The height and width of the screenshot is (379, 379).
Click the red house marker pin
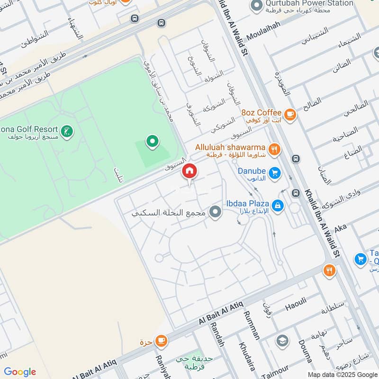coord(189,171)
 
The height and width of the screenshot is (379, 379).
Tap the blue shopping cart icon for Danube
coord(274,174)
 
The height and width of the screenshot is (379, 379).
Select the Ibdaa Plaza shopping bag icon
coord(278,205)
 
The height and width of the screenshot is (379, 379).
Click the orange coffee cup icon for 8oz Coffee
coord(289,114)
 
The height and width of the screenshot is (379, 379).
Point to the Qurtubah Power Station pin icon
coord(256,6)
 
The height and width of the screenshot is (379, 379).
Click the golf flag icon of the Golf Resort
coord(68,131)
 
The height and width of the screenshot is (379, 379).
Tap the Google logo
coord(20,372)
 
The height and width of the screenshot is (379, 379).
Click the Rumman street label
coord(252,325)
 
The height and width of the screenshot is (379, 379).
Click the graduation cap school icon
coord(282,341)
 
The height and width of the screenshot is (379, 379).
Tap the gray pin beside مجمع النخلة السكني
coord(216,212)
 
